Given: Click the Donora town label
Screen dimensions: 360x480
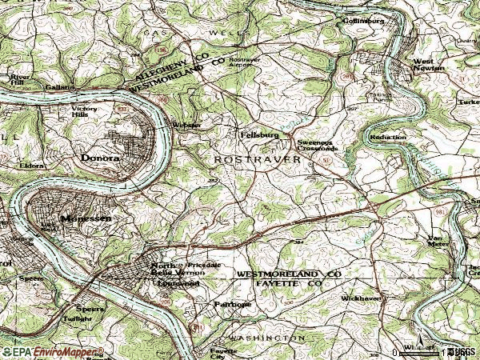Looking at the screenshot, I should [x=100, y=158].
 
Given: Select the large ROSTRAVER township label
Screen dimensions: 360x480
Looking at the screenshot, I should [x=257, y=160].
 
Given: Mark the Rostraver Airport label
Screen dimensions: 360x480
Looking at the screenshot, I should [x=244, y=63].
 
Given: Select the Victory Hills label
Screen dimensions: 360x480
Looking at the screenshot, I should [x=89, y=111].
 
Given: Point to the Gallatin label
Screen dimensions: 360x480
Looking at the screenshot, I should [x=60, y=86].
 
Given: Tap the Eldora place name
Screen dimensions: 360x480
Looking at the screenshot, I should [x=31, y=166].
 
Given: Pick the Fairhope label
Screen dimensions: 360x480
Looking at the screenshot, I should [x=232, y=304].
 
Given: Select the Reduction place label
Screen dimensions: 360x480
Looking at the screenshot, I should [x=388, y=138].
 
